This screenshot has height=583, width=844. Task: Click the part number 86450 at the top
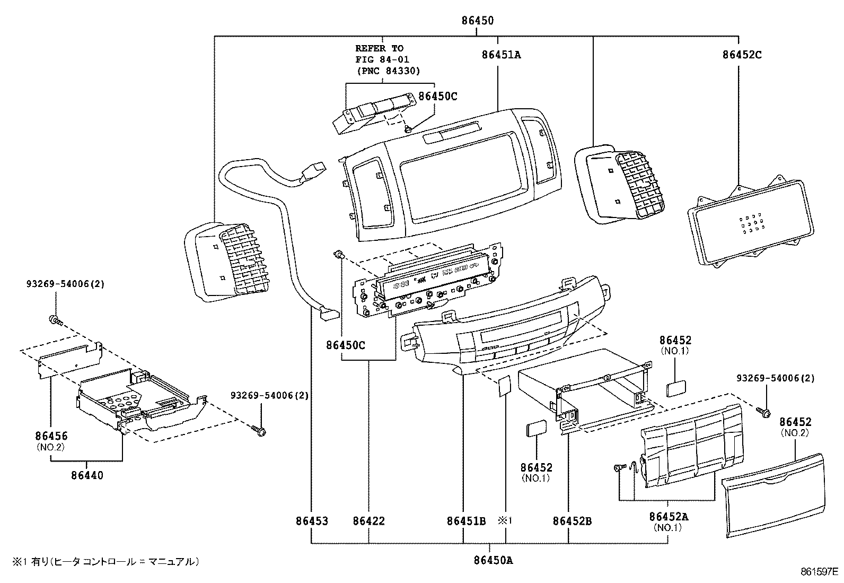pos(477,21)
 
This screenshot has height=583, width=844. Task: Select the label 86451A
pos(501,54)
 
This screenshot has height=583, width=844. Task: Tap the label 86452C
pos(742,54)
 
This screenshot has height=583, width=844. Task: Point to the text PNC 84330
pos(388,71)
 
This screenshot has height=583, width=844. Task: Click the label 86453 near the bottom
pos(312,521)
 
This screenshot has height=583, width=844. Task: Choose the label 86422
pos(368,521)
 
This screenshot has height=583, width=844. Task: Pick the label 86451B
pos(466,521)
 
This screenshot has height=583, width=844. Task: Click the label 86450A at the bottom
pos(493,560)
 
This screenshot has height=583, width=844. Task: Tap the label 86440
pos(87,475)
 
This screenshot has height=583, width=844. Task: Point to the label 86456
pos(51,436)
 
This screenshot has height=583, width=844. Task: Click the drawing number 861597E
pos(819,572)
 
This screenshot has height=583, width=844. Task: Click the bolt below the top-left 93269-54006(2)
pos(55,319)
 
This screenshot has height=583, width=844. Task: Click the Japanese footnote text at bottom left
pos(106,561)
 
